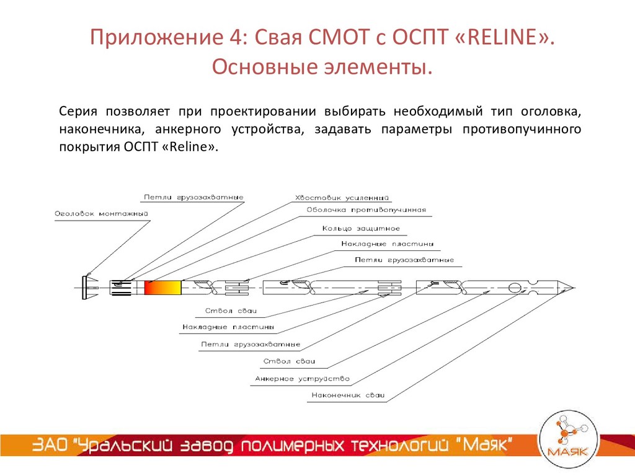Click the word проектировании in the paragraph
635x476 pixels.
259,112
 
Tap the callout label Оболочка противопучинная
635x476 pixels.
366,210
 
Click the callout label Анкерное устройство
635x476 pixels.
303,378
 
